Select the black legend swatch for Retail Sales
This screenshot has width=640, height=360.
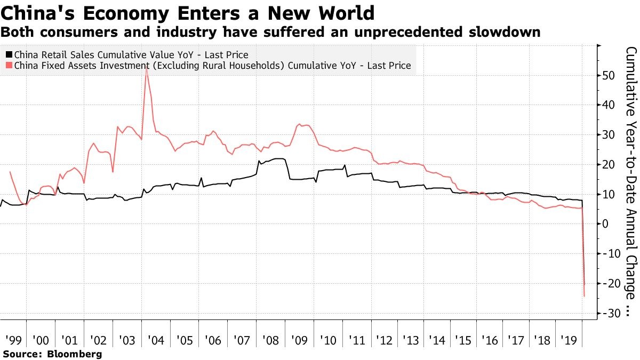(x=9, y=54)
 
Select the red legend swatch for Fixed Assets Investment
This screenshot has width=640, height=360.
(x=9, y=66)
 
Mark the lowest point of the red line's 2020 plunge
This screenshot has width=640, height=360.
(x=585, y=296)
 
